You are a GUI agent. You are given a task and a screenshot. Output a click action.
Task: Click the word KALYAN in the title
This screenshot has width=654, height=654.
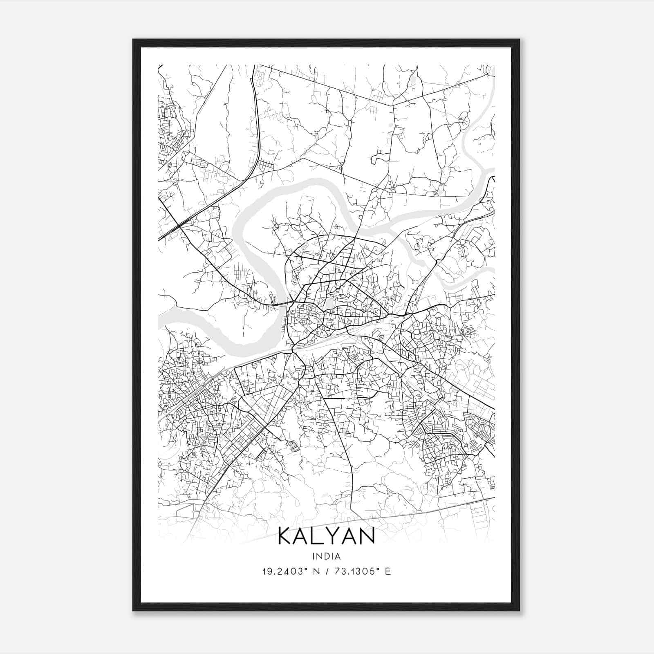pyautogui.click(x=326, y=537)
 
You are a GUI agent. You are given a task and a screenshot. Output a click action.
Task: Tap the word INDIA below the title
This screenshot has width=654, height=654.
pyautogui.click(x=326, y=556)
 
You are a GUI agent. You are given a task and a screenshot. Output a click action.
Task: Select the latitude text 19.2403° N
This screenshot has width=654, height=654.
pyautogui.click(x=291, y=571)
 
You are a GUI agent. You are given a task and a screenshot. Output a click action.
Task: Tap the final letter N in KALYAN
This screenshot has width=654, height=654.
pyautogui.click(x=367, y=537)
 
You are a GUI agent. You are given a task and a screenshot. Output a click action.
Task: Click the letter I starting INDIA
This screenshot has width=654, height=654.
pyautogui.click(x=313, y=556)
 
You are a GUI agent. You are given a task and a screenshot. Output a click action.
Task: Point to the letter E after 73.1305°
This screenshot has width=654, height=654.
pyautogui.click(x=388, y=571)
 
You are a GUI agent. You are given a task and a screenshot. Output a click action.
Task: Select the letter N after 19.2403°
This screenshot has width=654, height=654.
pyautogui.click(x=315, y=571)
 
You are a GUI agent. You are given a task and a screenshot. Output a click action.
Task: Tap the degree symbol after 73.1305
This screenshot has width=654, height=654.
pyautogui.click(x=379, y=569)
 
